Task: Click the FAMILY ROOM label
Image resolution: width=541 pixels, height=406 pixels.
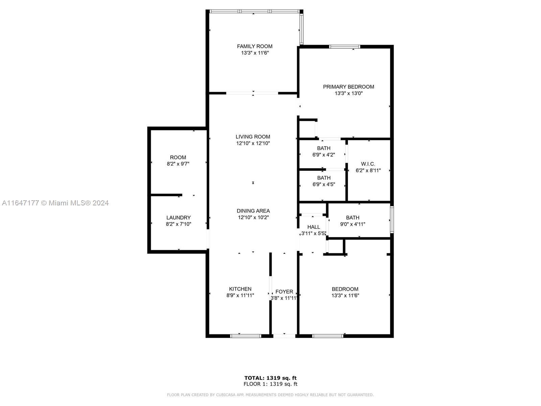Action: [x=255, y=46]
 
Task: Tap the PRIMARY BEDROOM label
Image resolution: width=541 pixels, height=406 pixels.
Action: [x=349, y=87]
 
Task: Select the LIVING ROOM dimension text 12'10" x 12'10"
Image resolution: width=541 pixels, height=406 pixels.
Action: [x=253, y=143]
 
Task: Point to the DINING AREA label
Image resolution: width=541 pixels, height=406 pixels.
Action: [x=253, y=211]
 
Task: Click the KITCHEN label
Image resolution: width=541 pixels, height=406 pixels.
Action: [x=240, y=289]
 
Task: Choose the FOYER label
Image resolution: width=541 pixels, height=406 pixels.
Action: [x=284, y=292]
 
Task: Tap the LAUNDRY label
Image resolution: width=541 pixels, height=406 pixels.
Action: [x=179, y=218]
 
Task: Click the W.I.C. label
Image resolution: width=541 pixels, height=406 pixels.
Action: [x=368, y=164]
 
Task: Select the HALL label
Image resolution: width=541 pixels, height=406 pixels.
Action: [x=313, y=227]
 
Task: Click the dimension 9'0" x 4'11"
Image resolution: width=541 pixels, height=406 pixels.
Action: [x=353, y=224]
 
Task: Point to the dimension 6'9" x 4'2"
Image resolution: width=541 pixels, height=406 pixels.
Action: [x=324, y=155]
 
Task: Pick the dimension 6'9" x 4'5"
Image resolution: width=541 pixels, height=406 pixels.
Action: [x=324, y=184]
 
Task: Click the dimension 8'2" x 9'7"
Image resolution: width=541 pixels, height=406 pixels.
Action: [x=178, y=164]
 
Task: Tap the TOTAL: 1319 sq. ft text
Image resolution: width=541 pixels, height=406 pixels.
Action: [x=270, y=378]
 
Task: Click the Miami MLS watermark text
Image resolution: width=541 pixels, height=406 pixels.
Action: [x=55, y=203]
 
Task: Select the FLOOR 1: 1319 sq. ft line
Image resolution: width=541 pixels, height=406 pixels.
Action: [x=270, y=384]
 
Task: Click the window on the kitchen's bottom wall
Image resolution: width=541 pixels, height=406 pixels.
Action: [x=245, y=336]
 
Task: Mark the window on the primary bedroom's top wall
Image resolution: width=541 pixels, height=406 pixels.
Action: [x=345, y=47]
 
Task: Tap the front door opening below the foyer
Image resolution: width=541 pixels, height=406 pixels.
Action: [x=284, y=336]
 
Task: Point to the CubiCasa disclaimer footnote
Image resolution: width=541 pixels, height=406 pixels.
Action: [x=270, y=394]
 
